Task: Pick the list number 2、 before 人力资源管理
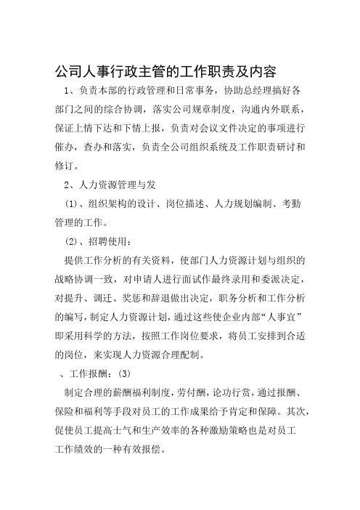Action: point(71,185)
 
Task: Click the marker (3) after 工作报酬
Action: point(125,376)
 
